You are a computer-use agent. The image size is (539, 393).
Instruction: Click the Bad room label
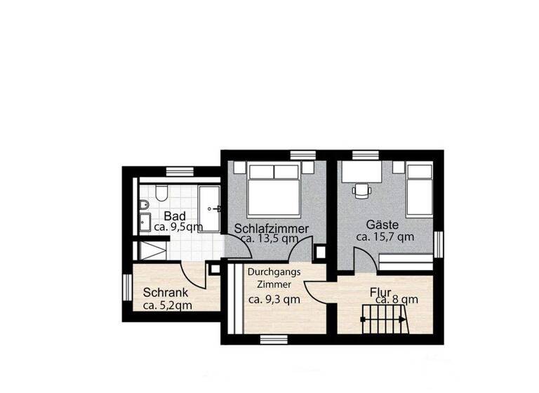click(175, 215)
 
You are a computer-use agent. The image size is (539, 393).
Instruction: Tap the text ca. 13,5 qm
click(267, 239)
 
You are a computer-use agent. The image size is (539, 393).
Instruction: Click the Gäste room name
click(382, 225)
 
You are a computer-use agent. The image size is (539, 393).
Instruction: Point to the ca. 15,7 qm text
click(385, 237)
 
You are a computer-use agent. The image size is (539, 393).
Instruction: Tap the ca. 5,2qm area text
click(168, 305)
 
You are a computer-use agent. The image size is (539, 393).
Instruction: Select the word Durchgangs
click(274, 272)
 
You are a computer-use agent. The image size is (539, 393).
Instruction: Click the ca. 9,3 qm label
click(274, 299)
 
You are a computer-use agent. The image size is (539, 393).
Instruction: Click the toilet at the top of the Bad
click(161, 192)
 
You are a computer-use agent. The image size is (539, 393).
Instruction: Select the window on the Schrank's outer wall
click(126, 291)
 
